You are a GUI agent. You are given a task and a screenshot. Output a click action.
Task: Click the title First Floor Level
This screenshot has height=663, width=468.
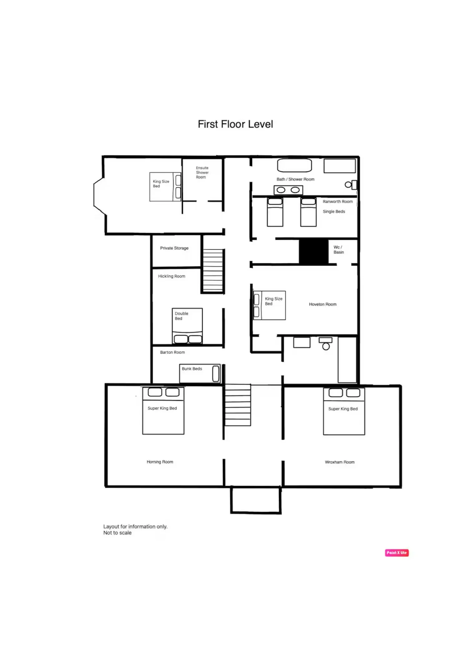point(235,124)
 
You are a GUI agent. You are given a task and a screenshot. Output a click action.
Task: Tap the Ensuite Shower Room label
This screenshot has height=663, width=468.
point(202,172)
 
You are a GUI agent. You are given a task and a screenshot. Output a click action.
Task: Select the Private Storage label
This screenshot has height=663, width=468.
point(174,248)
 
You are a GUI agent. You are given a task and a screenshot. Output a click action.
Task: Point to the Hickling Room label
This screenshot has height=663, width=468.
point(172,276)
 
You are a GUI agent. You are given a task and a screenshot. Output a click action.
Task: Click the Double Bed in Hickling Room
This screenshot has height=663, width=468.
point(187,326)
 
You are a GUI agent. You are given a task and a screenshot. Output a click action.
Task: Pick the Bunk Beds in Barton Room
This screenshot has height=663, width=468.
point(200,373)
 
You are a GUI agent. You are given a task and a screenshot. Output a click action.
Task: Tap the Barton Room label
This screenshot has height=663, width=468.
point(173,352)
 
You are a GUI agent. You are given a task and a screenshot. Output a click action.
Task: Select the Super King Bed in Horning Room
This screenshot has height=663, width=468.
point(163,410)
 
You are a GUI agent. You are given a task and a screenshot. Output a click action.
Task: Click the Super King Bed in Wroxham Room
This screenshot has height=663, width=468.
point(344,411)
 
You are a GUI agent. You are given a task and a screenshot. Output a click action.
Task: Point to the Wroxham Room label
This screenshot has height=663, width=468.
point(340,462)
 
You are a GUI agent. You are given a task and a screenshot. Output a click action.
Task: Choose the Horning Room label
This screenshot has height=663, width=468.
point(160,462)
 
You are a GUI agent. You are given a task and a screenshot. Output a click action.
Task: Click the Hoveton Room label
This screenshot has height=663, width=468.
point(323,304)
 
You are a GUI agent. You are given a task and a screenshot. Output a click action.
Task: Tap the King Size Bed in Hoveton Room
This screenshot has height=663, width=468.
point(269,305)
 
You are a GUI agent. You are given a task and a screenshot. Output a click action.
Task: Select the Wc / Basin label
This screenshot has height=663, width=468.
point(339,250)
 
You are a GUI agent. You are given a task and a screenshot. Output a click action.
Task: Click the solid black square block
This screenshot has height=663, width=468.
point(314,252)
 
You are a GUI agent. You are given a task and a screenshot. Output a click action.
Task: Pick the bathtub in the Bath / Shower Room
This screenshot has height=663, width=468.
point(295,165)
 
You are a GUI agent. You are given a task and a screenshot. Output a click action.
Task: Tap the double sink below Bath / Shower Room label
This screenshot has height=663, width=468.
point(288,190)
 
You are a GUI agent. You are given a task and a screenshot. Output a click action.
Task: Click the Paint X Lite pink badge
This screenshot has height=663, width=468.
point(397,553)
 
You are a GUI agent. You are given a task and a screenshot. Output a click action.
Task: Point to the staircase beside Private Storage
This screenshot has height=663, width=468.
point(213,270)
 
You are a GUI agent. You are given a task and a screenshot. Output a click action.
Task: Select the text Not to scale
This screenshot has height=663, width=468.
point(117,533)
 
